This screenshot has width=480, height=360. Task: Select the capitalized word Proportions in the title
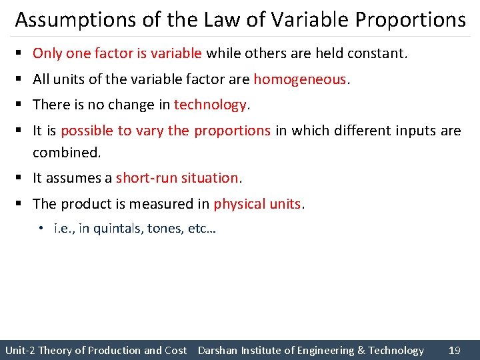410,20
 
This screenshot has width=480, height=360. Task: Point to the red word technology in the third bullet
210,105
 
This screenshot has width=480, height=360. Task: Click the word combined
66,153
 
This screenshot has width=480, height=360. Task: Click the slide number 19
455,350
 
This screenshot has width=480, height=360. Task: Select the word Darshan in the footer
217,350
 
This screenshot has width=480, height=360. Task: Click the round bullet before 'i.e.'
41,229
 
